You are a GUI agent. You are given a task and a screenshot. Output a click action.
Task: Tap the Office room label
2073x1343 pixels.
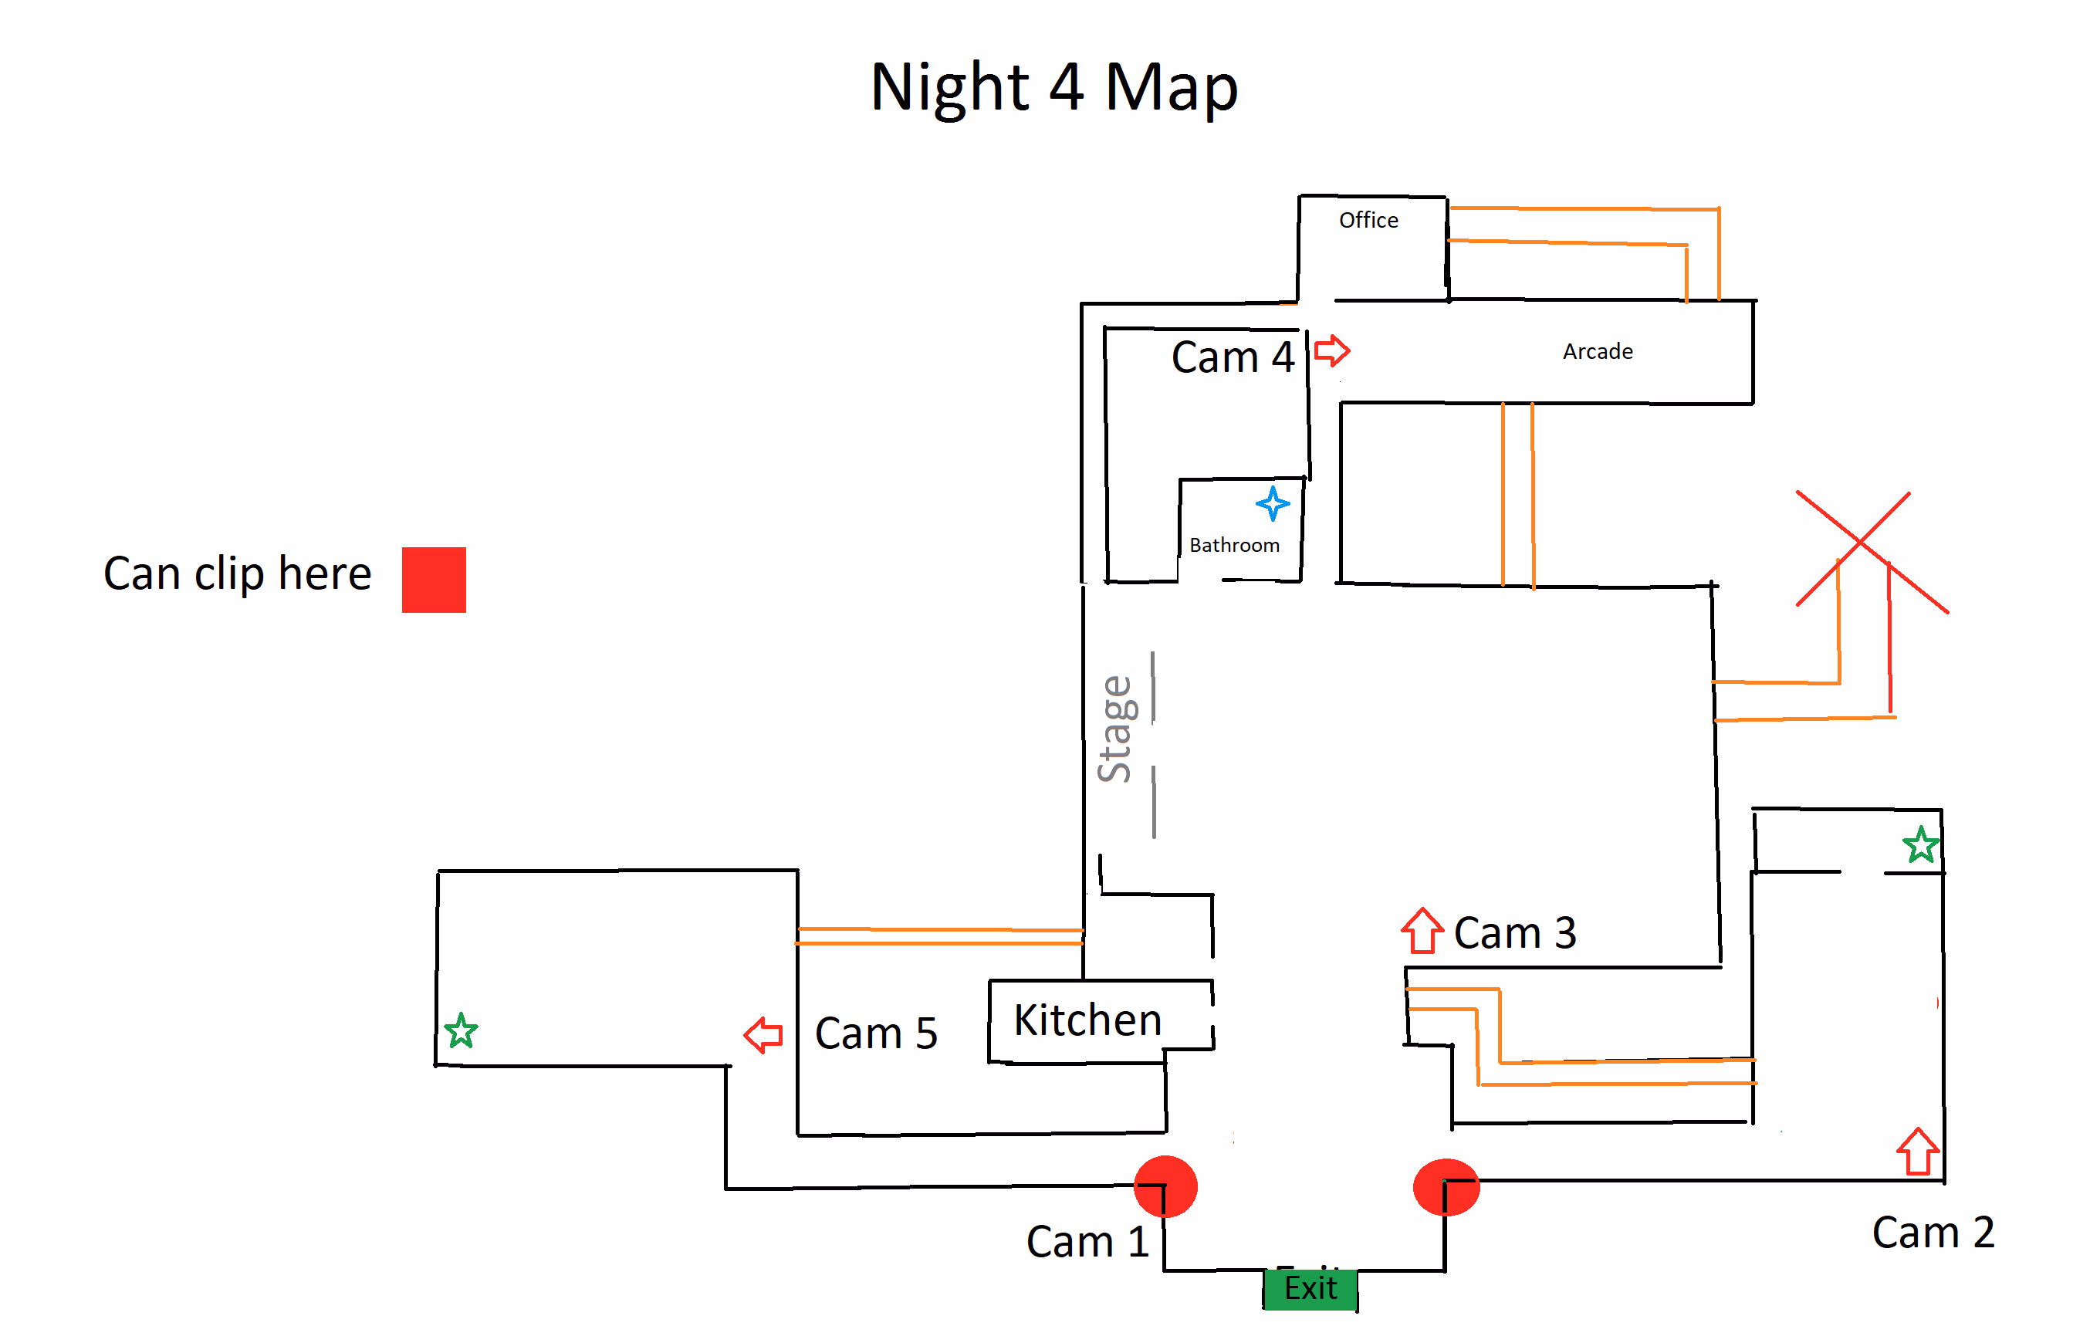click(x=1368, y=220)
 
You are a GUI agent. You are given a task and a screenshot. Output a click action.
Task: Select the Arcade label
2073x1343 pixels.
click(x=1597, y=352)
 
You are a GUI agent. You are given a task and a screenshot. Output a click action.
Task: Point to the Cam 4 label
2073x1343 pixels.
click(x=1232, y=357)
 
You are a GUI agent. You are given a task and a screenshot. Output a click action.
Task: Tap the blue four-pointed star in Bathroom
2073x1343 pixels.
click(x=1272, y=503)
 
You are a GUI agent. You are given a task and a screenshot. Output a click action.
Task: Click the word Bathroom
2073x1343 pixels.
click(x=1233, y=545)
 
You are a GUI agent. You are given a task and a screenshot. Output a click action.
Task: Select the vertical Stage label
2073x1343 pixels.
click(x=1115, y=728)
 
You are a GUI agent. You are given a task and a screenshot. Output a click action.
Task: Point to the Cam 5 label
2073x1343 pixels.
click(x=875, y=1033)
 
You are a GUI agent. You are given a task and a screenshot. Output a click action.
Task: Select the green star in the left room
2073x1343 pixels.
click(x=460, y=1030)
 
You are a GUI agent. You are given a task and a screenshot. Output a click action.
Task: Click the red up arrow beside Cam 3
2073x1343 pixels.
click(x=1422, y=931)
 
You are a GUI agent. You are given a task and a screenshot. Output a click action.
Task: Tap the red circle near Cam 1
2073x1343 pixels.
click(x=1165, y=1186)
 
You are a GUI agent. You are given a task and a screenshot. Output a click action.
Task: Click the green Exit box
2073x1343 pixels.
click(x=1309, y=1287)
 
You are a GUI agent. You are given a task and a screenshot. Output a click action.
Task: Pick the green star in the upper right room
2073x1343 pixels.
click(x=1920, y=845)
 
